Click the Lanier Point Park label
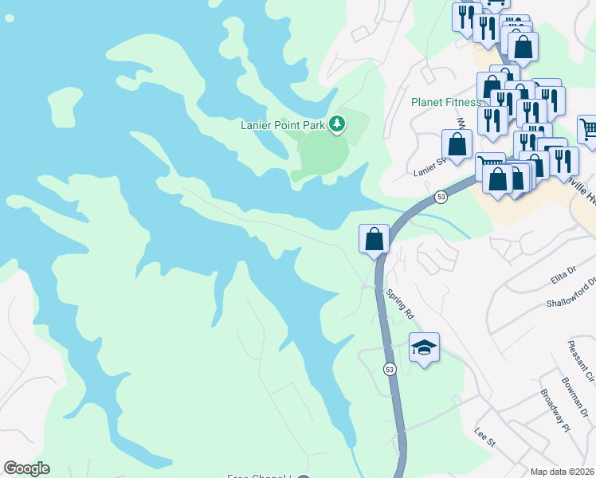284,124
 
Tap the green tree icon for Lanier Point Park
339,123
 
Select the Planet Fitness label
446,102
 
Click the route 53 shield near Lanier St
441,196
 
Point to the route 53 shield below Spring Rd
390,370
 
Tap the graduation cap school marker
424,347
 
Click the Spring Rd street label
400,304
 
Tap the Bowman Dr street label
578,398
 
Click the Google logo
26,468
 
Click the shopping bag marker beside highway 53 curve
374,238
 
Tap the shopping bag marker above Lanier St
457,145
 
